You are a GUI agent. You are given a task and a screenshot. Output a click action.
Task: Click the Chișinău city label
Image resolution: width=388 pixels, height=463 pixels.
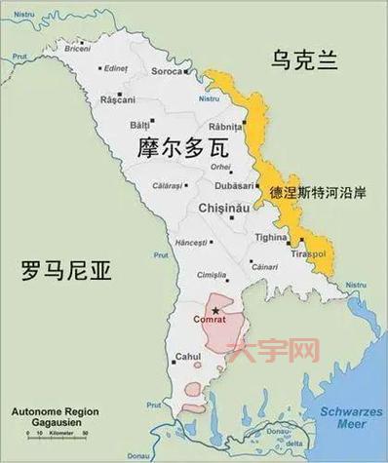(x=226, y=208)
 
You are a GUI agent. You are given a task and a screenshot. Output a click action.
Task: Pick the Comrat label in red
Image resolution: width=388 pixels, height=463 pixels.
(x=210, y=320)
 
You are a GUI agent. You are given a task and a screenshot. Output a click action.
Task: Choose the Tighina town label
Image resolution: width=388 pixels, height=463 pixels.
(x=270, y=236)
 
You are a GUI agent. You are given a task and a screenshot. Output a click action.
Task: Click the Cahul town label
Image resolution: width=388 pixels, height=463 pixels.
(x=186, y=357)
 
